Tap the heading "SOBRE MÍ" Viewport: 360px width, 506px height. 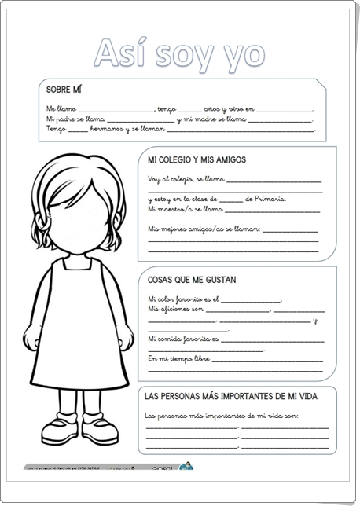[64, 90]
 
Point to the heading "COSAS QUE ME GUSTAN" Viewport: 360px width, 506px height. [192, 279]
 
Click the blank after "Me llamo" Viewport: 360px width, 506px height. [116, 110]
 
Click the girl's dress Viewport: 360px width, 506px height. [80, 330]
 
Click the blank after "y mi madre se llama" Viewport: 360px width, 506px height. [280, 120]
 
